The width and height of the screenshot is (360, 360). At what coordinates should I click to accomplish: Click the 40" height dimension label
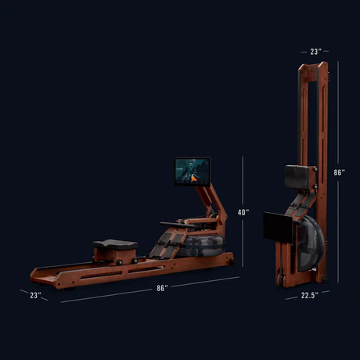(243, 212)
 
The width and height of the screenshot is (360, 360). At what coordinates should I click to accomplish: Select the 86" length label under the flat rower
(162, 288)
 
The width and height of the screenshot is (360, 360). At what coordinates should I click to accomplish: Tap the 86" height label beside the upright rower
(339, 172)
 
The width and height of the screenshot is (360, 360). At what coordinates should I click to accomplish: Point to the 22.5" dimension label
(310, 295)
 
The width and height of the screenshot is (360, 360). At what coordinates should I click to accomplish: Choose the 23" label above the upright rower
(315, 52)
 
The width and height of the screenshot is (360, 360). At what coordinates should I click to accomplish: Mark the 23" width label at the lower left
(35, 295)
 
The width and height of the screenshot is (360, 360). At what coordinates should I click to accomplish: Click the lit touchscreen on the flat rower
(193, 171)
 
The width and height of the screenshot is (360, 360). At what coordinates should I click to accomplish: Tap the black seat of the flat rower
(115, 245)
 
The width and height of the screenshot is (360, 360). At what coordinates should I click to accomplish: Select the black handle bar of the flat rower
(177, 225)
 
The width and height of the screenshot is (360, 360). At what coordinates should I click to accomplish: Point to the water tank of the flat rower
(202, 245)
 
